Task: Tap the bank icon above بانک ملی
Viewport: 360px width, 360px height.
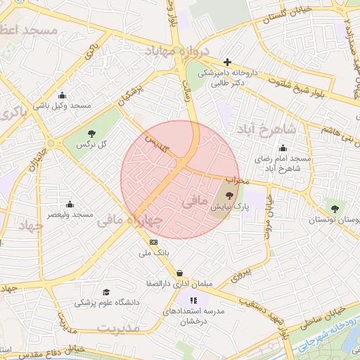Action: [x=154, y=240]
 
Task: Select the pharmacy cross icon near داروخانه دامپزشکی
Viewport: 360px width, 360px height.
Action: [x=227, y=62]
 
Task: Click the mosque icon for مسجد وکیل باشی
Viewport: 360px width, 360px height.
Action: [x=63, y=96]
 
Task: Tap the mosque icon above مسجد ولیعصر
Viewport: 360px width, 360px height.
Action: [x=69, y=203]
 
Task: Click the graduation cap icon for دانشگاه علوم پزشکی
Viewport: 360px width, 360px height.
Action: [x=106, y=292]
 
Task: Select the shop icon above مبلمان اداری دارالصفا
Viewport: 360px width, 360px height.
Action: [x=180, y=273]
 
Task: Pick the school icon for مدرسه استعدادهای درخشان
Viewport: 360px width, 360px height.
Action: [x=194, y=300]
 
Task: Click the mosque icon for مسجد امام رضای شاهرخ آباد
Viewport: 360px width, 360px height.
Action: [x=283, y=148]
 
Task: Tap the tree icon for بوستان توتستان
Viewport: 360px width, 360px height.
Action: [x=335, y=208]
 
